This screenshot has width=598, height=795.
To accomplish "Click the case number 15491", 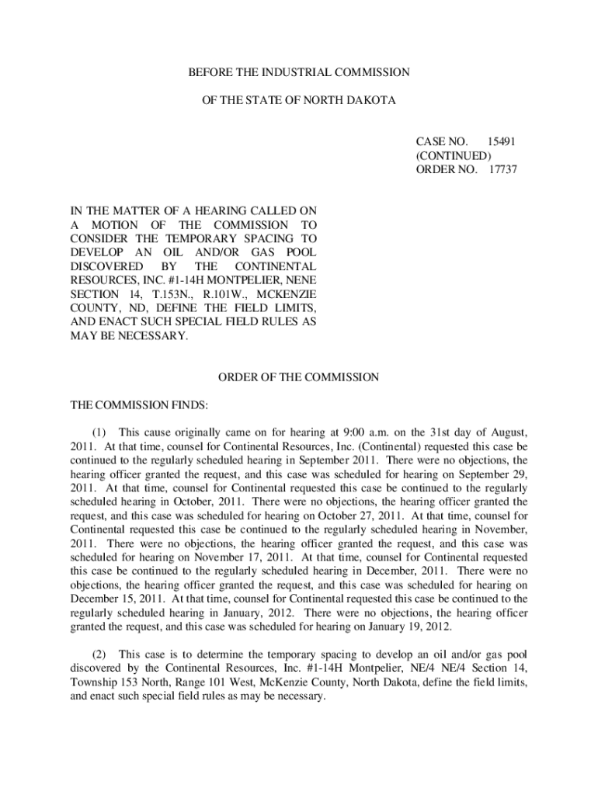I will (x=501, y=141).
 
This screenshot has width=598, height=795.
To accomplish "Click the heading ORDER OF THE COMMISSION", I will (x=298, y=377).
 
